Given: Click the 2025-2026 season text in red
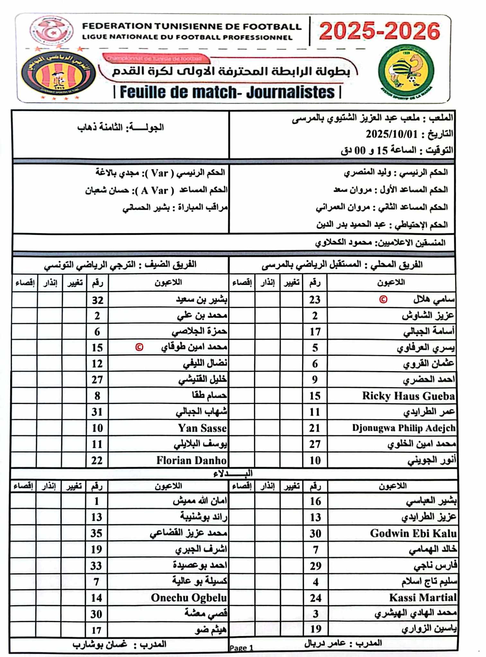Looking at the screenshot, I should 379,31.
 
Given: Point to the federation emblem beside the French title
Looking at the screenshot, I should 51,30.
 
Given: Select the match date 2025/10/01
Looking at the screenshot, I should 392,134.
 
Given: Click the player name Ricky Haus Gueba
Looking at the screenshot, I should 408,396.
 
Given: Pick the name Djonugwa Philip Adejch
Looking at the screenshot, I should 403,428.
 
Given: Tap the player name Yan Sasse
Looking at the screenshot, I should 202,428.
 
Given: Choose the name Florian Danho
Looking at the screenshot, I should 191,460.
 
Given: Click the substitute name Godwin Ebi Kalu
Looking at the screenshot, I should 413,533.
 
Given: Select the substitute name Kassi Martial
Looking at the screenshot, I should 423,597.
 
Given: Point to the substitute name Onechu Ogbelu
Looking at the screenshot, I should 189,598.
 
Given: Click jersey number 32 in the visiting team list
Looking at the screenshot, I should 98,300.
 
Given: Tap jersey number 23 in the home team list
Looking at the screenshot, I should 315,300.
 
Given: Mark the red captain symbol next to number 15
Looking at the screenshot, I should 139,347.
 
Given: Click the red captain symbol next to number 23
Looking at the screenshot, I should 383,299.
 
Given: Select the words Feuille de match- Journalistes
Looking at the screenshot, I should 227,92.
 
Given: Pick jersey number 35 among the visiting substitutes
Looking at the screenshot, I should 96,533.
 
